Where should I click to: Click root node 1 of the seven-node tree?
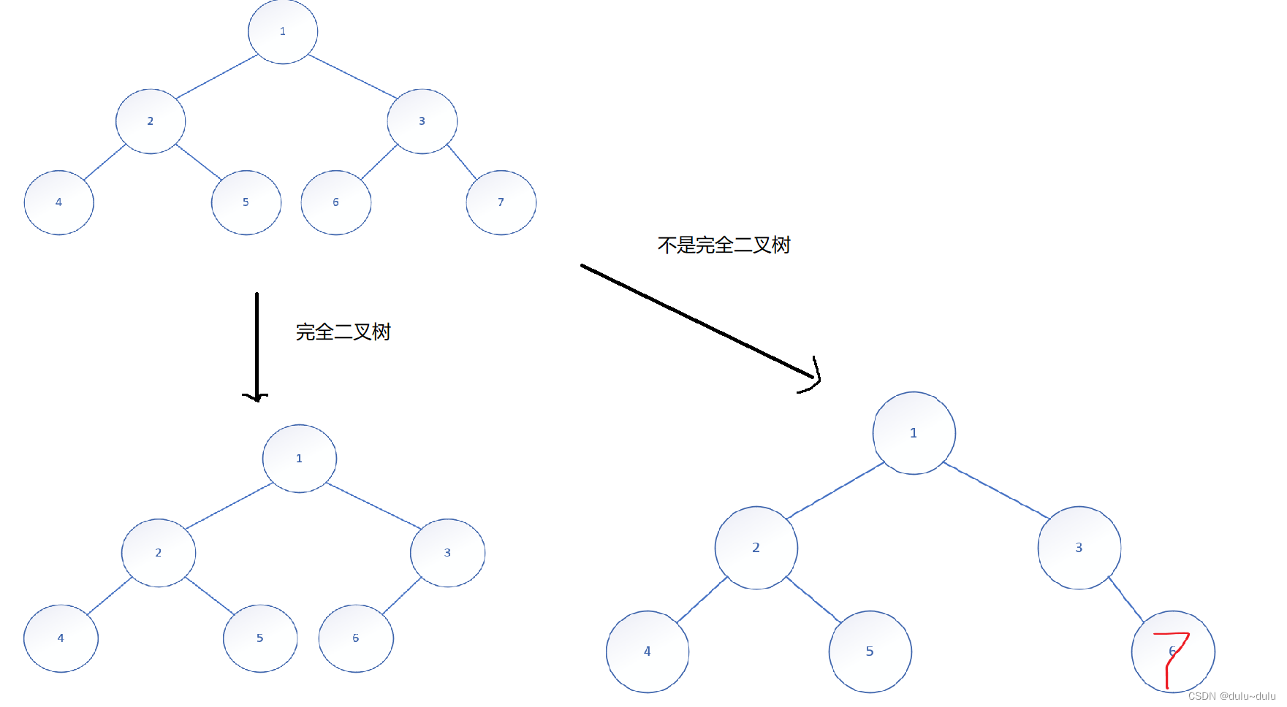click(283, 31)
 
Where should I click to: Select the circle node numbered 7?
click(501, 202)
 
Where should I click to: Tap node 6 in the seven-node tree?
click(336, 202)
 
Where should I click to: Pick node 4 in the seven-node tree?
click(59, 202)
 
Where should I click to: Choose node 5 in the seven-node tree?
click(246, 202)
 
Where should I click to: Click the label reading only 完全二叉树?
click(343, 332)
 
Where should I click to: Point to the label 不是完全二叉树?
click(724, 245)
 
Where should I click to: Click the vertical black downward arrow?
click(257, 343)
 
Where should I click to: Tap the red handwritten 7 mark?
click(1173, 654)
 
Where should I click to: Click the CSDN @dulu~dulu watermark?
click(1231, 696)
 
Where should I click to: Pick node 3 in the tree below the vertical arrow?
click(447, 553)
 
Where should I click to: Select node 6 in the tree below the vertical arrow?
click(356, 638)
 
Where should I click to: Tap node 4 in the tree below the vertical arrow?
click(61, 638)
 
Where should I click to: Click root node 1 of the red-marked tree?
click(914, 433)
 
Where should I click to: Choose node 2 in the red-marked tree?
click(756, 548)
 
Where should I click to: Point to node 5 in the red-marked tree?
click(870, 651)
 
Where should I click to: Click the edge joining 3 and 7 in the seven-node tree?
click(461, 161)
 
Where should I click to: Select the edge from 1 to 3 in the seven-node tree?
click(352, 76)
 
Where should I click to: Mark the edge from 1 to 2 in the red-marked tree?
click(835, 490)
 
